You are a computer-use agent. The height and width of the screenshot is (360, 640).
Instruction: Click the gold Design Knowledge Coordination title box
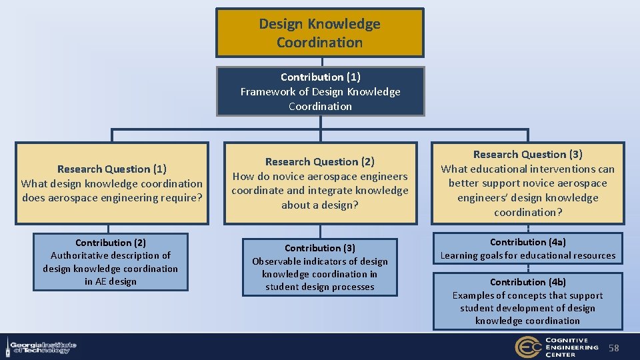[319, 33]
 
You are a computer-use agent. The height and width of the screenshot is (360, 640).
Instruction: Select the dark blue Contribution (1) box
[320, 91]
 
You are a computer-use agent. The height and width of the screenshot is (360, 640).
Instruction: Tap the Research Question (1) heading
[112, 169]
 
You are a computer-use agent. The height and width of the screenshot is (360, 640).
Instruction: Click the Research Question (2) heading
[320, 161]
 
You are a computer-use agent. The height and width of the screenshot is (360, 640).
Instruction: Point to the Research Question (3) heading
[527, 154]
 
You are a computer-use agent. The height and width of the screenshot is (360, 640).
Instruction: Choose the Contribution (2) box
[111, 262]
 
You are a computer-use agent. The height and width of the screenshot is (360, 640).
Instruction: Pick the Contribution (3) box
[320, 267]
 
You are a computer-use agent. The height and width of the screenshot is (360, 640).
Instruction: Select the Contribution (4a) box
[527, 249]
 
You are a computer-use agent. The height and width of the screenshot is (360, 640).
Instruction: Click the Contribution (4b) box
[527, 301]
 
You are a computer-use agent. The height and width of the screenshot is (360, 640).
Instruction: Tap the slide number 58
[614, 348]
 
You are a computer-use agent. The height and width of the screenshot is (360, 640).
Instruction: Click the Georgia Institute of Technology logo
[41, 347]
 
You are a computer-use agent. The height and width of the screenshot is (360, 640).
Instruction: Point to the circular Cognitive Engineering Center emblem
[527, 347]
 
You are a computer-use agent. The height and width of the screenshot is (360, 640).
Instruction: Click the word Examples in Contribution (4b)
[474, 295]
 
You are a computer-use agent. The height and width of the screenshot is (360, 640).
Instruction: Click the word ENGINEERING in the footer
[573, 347]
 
